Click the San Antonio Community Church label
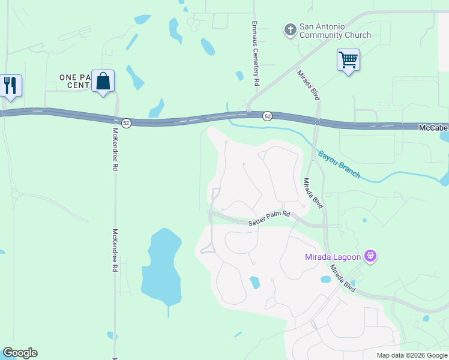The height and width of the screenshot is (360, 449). (x=335, y=31)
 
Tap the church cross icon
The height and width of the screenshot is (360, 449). (x=290, y=29)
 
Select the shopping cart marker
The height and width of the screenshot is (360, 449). (x=348, y=61)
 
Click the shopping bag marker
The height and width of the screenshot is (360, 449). (x=103, y=82)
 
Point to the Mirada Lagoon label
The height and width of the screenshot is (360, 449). (x=331, y=257)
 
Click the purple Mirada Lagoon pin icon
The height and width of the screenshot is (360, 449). (x=371, y=257)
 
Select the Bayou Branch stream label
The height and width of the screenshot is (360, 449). (x=339, y=164)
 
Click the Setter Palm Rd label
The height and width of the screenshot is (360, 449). (x=270, y=218)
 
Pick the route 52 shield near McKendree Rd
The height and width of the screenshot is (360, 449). (x=125, y=122)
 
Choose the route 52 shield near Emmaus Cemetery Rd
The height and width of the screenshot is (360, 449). (x=267, y=115)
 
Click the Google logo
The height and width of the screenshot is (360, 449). (x=20, y=353)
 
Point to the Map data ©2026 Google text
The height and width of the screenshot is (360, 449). (x=411, y=355)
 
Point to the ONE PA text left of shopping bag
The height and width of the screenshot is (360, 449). (x=74, y=77)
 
